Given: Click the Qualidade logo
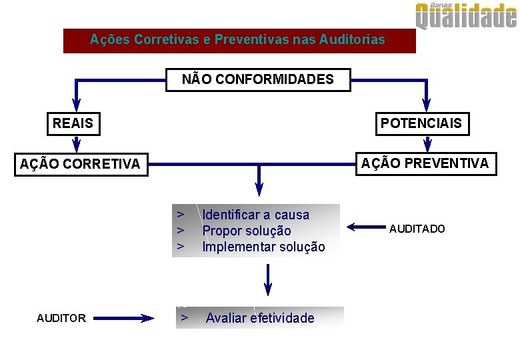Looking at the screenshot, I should click(x=466, y=16).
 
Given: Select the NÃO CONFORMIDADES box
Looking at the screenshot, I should click(x=258, y=80).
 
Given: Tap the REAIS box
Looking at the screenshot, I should click(x=73, y=123).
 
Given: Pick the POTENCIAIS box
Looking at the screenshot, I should click(x=421, y=123).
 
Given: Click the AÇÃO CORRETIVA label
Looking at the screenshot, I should click(x=80, y=164).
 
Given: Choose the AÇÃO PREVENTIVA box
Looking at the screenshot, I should click(x=425, y=163).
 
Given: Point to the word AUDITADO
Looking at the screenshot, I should click(x=417, y=229).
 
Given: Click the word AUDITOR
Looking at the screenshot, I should click(x=61, y=318).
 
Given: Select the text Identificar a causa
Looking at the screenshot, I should click(x=256, y=215).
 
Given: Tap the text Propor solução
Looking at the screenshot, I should click(x=247, y=231).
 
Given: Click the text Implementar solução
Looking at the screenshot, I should click(x=263, y=247).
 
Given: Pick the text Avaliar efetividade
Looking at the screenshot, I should click(x=260, y=318).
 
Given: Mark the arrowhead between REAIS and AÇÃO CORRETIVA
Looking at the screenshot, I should click(x=76, y=145).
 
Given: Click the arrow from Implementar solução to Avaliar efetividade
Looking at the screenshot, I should click(x=268, y=280).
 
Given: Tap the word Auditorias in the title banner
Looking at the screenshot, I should click(x=352, y=39).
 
